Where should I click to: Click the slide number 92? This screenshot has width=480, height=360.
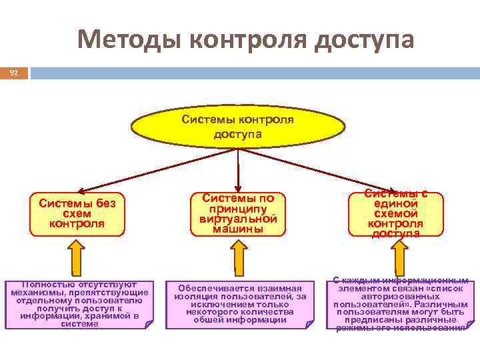pos(14,72)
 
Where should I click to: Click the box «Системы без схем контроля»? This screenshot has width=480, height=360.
pos(77,213)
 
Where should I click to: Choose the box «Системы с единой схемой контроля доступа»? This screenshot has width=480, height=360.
pos(395,213)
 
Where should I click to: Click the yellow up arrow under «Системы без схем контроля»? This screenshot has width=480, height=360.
pos(77,255)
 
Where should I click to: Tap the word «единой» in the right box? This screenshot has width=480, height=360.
pos(396,203)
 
